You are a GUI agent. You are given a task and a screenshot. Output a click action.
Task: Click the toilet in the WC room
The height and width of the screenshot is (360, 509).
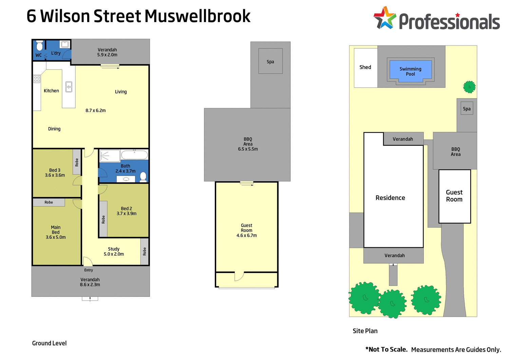(x=39, y=46)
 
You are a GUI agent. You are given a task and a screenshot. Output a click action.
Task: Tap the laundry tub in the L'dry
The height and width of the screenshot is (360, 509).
(x=65, y=44)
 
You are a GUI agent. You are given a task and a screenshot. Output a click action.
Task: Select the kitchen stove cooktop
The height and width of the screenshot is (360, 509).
(x=37, y=79)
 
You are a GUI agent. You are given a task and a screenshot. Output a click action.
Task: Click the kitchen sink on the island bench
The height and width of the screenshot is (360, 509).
(x=69, y=87)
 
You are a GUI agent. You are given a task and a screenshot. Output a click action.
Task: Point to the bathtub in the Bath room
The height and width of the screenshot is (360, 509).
(x=134, y=155)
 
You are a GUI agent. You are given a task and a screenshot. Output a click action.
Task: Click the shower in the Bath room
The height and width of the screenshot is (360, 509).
(x=110, y=156)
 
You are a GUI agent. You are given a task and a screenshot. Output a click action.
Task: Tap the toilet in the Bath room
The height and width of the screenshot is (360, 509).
(x=143, y=176)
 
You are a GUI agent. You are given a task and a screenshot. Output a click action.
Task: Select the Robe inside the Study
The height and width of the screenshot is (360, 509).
(x=145, y=251)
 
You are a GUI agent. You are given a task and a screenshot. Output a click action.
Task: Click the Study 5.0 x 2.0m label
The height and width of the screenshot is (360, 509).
(x=114, y=251)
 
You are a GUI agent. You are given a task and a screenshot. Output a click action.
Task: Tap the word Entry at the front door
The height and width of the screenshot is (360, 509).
(x=89, y=270)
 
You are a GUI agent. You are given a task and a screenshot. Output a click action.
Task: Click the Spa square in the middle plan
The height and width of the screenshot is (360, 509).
(x=270, y=61)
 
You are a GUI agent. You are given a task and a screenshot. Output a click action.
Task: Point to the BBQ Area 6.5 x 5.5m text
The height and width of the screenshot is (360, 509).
(x=248, y=144)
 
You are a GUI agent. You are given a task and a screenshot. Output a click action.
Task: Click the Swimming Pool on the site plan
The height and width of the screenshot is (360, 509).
(x=411, y=71)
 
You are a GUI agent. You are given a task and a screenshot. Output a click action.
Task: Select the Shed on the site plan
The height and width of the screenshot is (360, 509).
(x=365, y=68)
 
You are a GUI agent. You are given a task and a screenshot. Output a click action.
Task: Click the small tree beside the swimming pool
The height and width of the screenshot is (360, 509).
(x=470, y=87)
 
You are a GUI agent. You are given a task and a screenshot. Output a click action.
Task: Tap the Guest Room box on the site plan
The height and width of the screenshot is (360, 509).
(x=454, y=196)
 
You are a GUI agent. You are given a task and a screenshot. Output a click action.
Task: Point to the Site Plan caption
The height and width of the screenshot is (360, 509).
(x=365, y=331)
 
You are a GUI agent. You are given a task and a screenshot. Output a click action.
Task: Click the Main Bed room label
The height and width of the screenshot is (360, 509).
(x=56, y=232)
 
